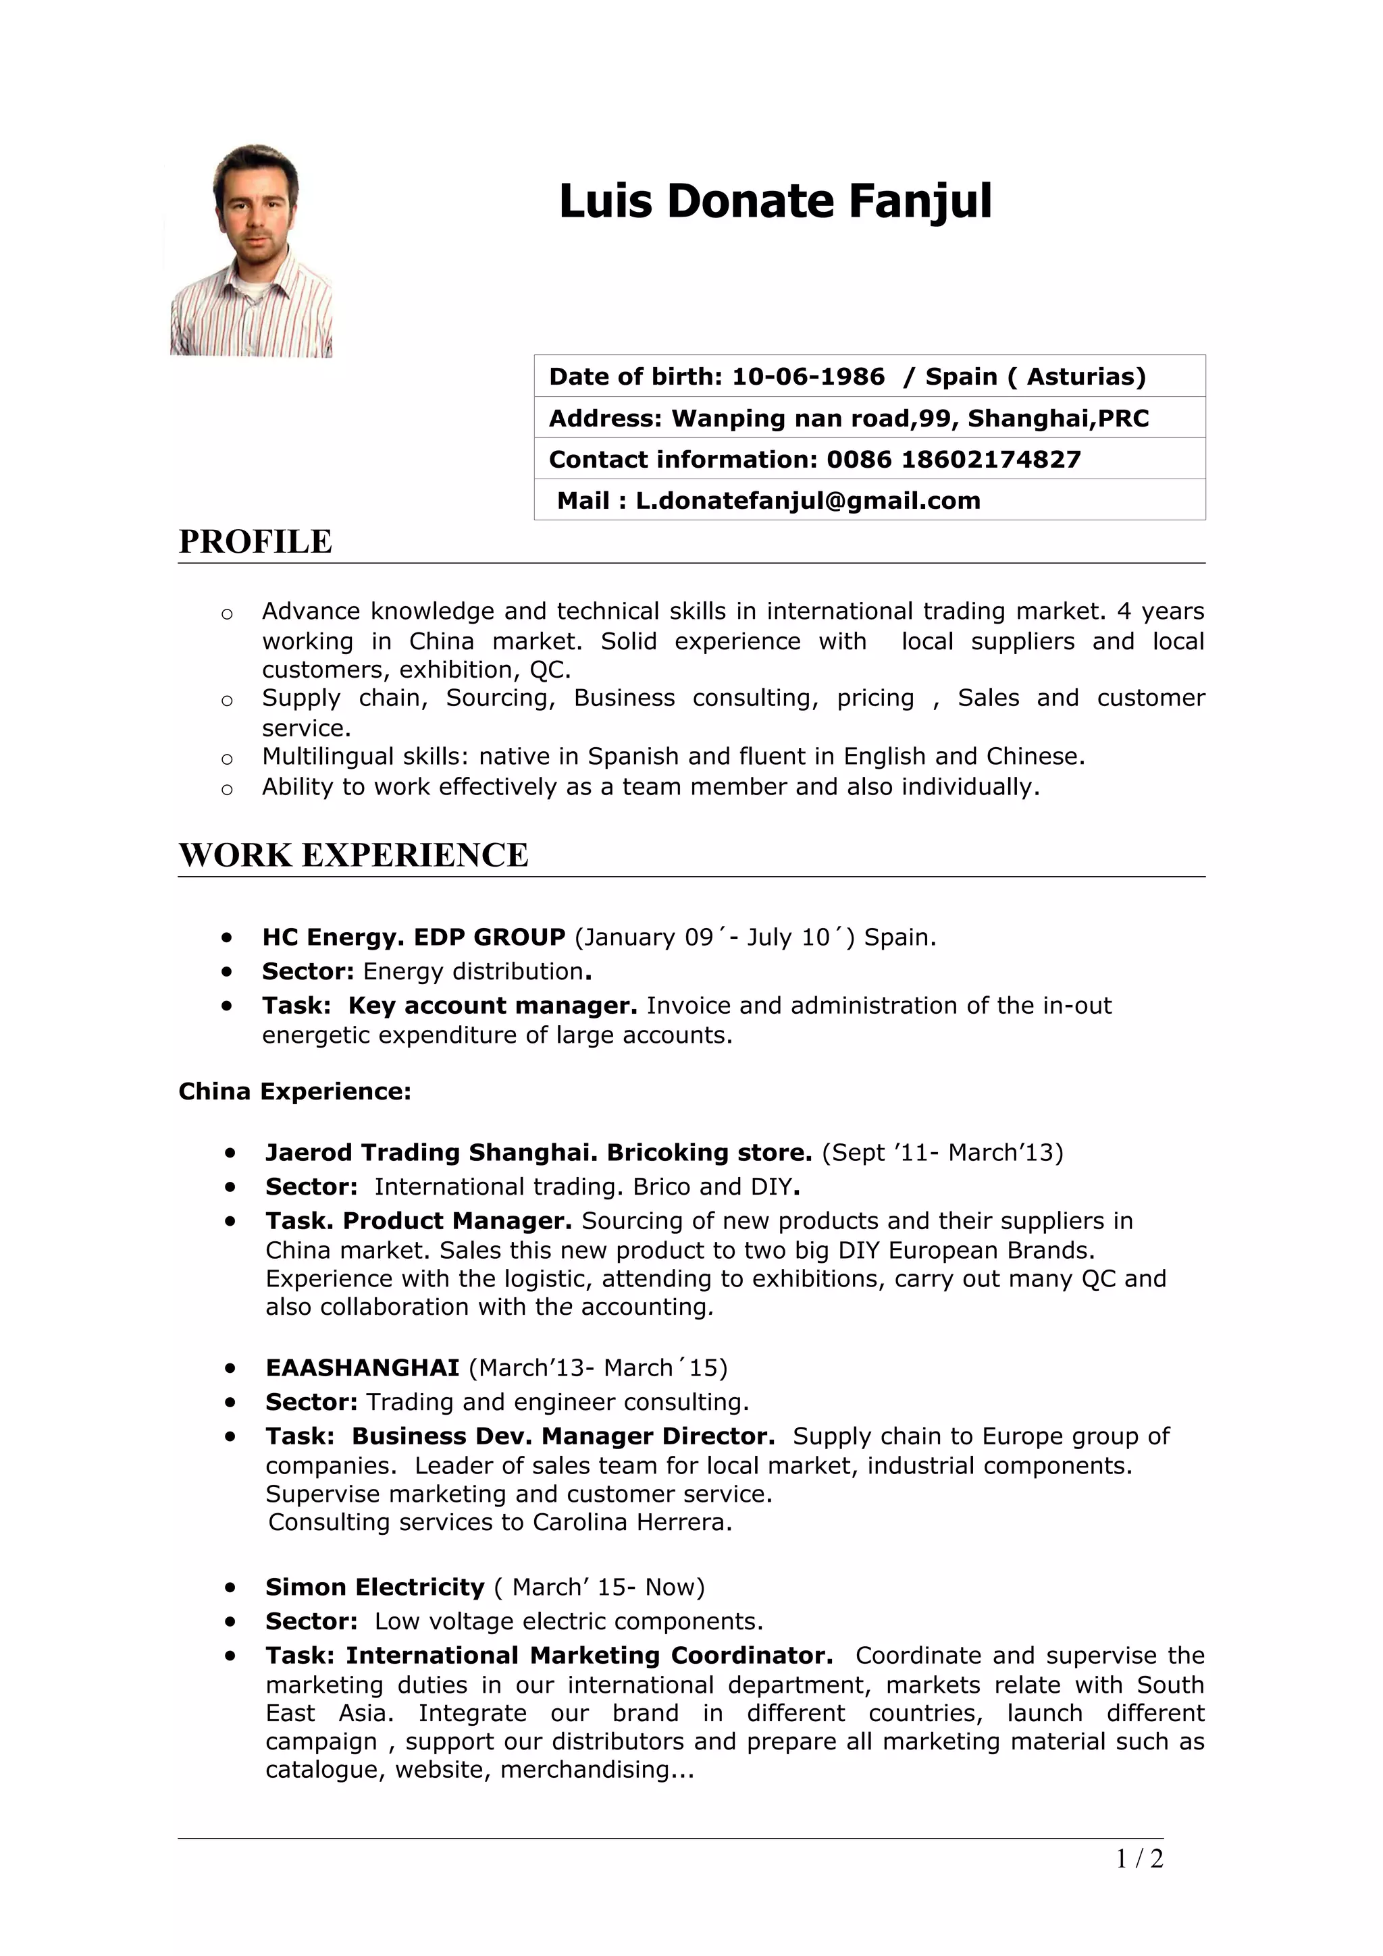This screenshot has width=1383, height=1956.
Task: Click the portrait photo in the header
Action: (x=251, y=250)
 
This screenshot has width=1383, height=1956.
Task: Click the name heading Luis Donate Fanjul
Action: (x=775, y=201)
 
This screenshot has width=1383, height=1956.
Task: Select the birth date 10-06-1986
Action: (x=808, y=377)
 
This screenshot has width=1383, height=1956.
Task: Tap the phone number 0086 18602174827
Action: (x=953, y=459)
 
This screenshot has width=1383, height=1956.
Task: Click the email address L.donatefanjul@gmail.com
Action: (x=808, y=500)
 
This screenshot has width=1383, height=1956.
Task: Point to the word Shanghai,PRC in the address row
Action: (x=1058, y=418)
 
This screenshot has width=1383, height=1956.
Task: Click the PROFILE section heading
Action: (x=255, y=542)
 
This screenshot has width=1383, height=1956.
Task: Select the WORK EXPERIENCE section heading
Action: (x=353, y=855)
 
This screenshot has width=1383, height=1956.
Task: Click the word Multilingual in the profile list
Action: (x=328, y=757)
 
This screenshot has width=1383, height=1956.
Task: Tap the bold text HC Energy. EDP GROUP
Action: (x=413, y=937)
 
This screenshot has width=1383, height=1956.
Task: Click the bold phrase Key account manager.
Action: (x=492, y=1005)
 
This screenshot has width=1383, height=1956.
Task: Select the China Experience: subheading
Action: (x=295, y=1091)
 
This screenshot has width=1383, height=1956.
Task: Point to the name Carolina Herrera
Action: (x=631, y=1523)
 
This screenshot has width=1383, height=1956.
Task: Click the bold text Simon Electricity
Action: (x=374, y=1587)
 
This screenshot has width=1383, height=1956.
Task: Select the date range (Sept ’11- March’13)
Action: (x=943, y=1153)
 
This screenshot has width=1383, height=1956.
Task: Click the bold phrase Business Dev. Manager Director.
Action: (x=563, y=1436)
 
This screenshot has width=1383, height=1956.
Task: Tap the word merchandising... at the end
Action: (x=596, y=1770)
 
